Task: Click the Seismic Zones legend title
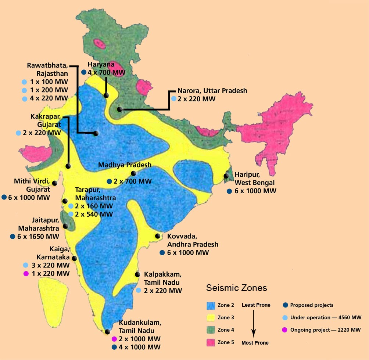click(x=236, y=288)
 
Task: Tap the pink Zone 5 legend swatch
click(x=211, y=342)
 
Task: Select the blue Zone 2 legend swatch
click(x=211, y=305)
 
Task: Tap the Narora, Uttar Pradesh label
click(x=212, y=90)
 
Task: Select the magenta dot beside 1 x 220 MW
click(x=26, y=274)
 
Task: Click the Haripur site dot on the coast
click(x=226, y=176)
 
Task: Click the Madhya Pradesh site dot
click(x=133, y=173)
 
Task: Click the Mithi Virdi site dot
click(x=55, y=183)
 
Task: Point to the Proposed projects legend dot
click(x=285, y=305)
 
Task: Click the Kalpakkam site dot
click(x=137, y=274)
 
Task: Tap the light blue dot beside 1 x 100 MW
click(x=24, y=82)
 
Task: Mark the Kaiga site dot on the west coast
click(x=74, y=258)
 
